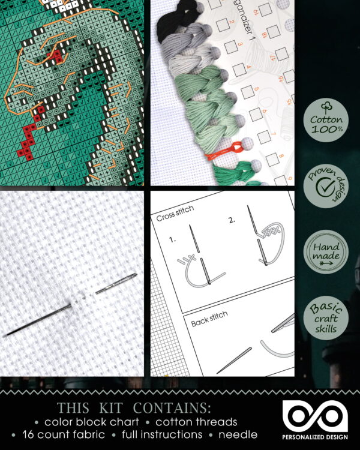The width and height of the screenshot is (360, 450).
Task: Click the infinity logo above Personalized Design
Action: point(316,415)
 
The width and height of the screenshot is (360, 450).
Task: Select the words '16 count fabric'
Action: point(62,434)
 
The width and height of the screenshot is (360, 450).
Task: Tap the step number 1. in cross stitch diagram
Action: point(172,238)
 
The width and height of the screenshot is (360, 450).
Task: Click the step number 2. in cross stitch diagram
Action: point(231,220)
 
